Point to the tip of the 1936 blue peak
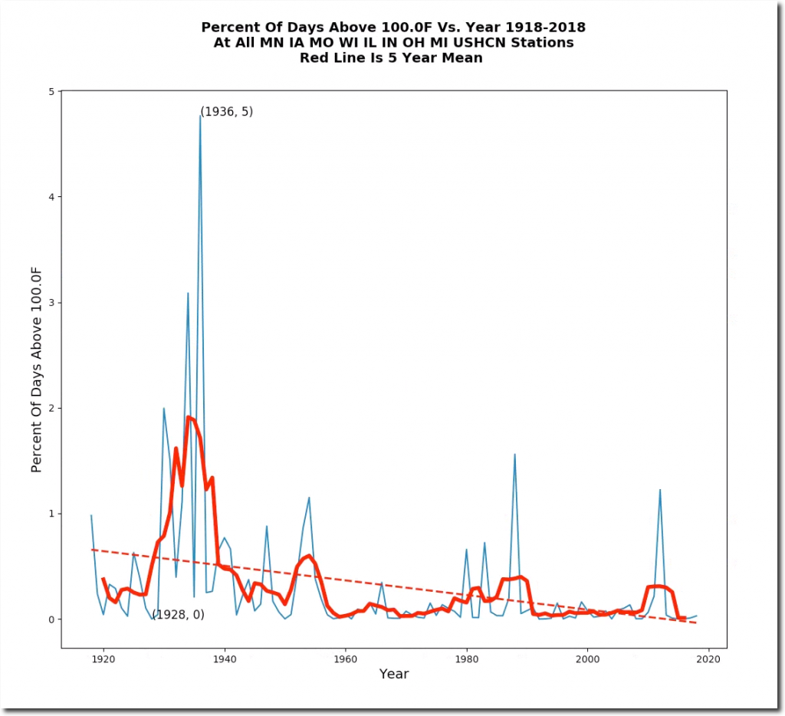[200, 116]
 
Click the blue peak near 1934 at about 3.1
[188, 293]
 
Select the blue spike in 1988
[514, 455]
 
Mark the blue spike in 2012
[660, 490]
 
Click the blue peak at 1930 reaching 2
[164, 409]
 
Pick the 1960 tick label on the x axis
[346, 658]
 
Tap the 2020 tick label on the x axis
[708, 658]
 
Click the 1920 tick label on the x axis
[103, 658]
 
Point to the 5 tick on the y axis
[51, 92]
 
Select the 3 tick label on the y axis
[51, 303]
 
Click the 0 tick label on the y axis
[51, 619]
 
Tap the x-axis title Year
[393, 675]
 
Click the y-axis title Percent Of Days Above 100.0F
[36, 369]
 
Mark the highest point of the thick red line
[189, 417]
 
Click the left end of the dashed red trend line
[92, 549]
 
